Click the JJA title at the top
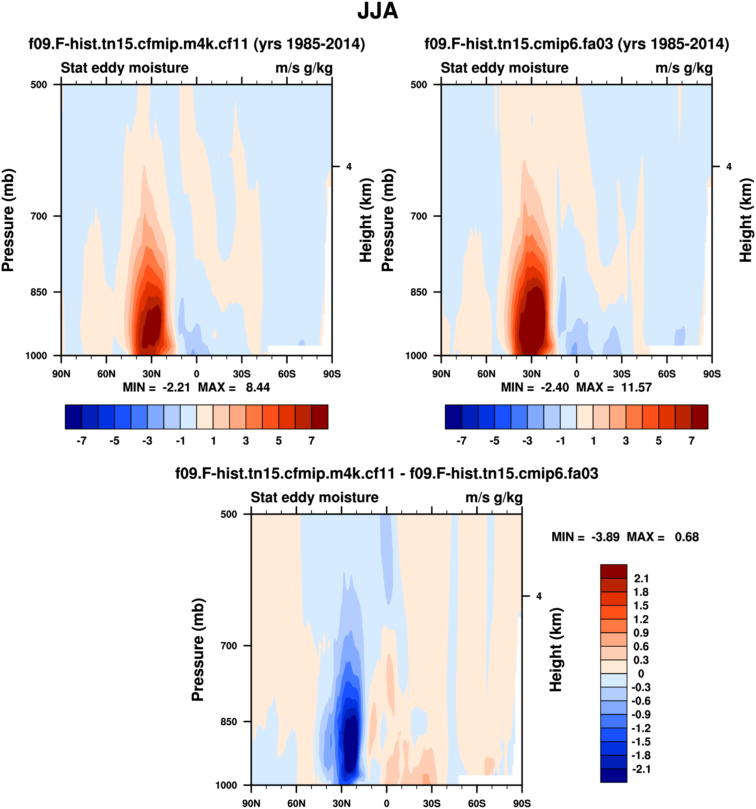pos(377,11)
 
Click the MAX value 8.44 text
pos(258,387)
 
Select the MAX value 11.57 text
pos(636,387)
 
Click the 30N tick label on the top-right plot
pos(531,374)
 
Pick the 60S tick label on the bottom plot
pos(477,803)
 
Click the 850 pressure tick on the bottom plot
pos(228,722)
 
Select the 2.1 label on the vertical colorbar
pos(641,578)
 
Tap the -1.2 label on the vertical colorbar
pos(641,728)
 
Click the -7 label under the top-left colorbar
pos(81,441)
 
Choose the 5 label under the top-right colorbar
pos(658,441)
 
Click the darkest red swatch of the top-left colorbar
pos(320,417)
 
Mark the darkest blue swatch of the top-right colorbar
pos(454,417)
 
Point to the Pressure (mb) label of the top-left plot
pos(8,220)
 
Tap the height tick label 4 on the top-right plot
pos(729,166)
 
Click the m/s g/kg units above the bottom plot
pos(494,497)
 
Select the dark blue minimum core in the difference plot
pos(351,745)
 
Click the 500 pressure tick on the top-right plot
pos(418,85)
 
